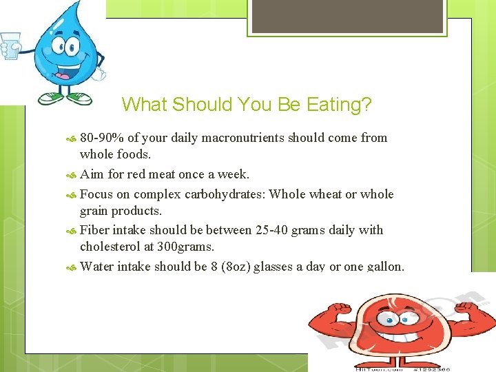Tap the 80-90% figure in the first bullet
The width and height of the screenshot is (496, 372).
tap(104, 138)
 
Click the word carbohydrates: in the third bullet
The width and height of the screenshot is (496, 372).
tap(223, 194)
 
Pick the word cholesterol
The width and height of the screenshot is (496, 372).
tap(114, 246)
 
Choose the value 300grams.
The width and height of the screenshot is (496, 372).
tap(187, 246)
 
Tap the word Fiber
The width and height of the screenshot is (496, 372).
tap(96, 230)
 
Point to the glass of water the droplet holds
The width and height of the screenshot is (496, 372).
tap(10, 45)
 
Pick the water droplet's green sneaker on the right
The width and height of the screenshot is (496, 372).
tap(80, 98)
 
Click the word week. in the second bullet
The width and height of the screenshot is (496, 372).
tap(234, 174)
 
